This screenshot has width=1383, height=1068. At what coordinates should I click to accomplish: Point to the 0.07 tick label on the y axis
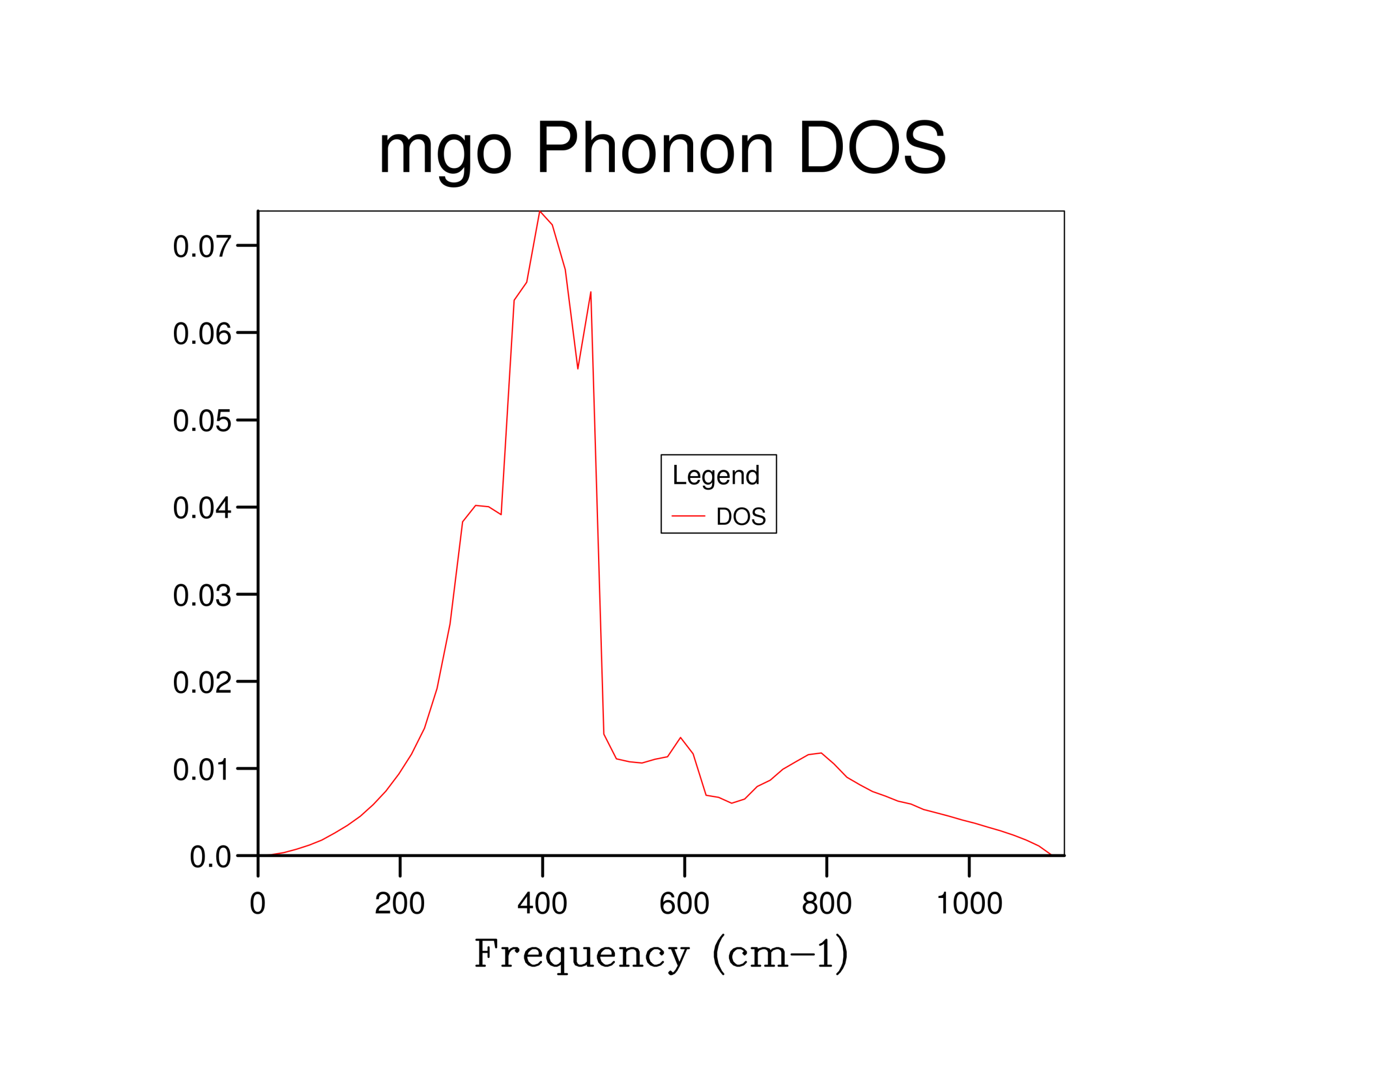coord(202,246)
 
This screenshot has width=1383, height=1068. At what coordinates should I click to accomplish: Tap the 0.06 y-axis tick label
coord(202,334)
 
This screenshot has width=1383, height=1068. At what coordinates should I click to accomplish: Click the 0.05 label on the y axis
coord(202,421)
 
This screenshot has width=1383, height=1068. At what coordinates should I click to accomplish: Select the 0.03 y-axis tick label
coord(202,596)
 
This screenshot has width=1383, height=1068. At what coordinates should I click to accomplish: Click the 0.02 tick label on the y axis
coord(202,682)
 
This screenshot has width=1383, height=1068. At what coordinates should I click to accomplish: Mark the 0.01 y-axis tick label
coord(202,770)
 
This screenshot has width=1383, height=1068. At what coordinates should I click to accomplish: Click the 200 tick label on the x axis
coord(400,903)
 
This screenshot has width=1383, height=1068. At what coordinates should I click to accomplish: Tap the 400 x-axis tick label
coord(542,903)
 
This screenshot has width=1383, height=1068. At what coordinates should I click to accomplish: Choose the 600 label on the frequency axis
coord(684,903)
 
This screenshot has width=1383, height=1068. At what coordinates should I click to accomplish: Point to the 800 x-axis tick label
coord(827,903)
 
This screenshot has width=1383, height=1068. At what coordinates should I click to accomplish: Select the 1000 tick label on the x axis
coord(969,903)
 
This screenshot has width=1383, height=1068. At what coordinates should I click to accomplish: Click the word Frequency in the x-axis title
coord(581,955)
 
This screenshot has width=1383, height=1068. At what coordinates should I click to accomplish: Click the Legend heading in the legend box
coord(716,476)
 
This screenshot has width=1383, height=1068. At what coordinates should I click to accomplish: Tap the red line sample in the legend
coord(688,516)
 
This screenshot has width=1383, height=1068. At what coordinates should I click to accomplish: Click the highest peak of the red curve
coord(540,212)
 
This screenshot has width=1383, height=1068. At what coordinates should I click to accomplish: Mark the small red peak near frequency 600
coord(681,738)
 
